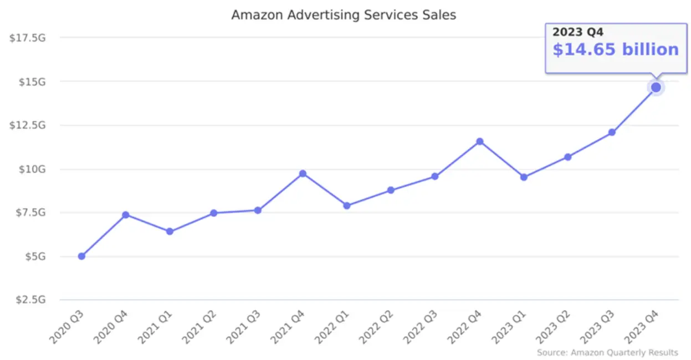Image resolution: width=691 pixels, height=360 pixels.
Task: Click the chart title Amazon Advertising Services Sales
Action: click(x=344, y=15)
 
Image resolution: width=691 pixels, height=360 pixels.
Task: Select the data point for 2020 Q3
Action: click(x=81, y=256)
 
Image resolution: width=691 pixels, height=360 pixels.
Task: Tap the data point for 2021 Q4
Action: click(x=303, y=174)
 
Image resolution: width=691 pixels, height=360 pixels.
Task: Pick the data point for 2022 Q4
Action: click(x=480, y=141)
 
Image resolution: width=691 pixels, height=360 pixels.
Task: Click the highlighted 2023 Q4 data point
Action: click(x=656, y=88)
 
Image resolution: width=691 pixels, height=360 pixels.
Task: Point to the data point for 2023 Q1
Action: click(x=524, y=177)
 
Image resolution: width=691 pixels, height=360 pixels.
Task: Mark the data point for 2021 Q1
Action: click(x=170, y=232)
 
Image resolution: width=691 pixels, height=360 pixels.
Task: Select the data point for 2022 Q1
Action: click(x=347, y=205)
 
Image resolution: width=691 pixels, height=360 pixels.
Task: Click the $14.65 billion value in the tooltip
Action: click(x=616, y=50)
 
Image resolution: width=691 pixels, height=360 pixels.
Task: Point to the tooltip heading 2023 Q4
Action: click(x=577, y=33)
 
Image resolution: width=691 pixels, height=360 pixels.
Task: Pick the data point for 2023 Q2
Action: click(x=567, y=157)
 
